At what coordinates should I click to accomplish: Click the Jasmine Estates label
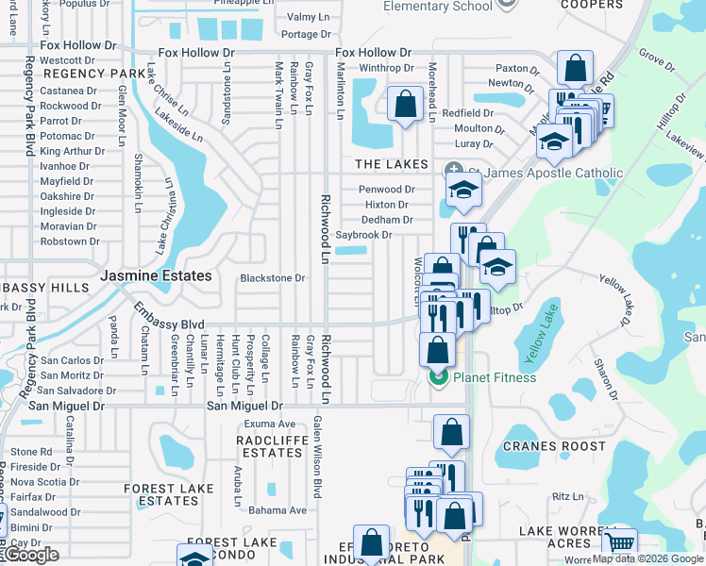(x=156, y=276)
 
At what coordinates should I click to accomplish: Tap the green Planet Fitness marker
(x=438, y=378)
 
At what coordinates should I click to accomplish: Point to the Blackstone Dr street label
(x=273, y=278)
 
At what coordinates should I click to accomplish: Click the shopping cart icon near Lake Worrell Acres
(x=618, y=543)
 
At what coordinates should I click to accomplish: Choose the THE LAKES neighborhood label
(x=392, y=164)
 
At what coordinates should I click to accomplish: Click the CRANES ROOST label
(x=554, y=446)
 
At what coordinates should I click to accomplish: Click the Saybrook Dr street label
(x=363, y=235)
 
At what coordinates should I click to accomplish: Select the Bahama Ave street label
(x=277, y=510)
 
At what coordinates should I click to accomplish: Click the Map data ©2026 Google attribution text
(x=647, y=559)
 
